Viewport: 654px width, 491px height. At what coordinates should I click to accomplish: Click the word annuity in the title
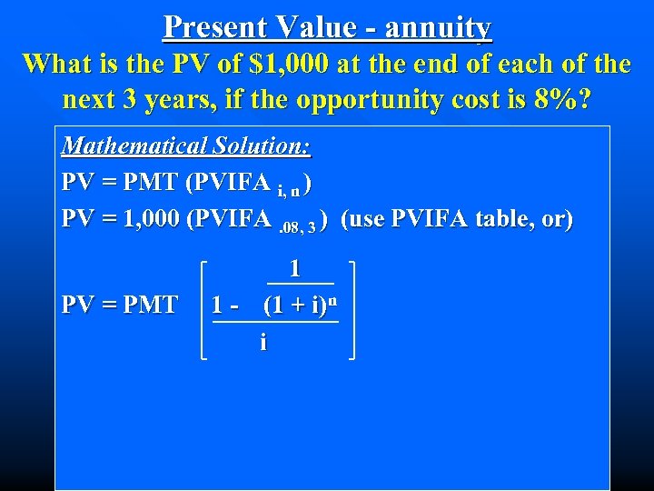click(438, 27)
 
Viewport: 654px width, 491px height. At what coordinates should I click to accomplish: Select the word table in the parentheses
click(504, 219)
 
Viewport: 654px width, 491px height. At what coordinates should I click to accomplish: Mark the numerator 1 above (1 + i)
click(294, 268)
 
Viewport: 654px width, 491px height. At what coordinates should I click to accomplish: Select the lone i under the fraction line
click(263, 342)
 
